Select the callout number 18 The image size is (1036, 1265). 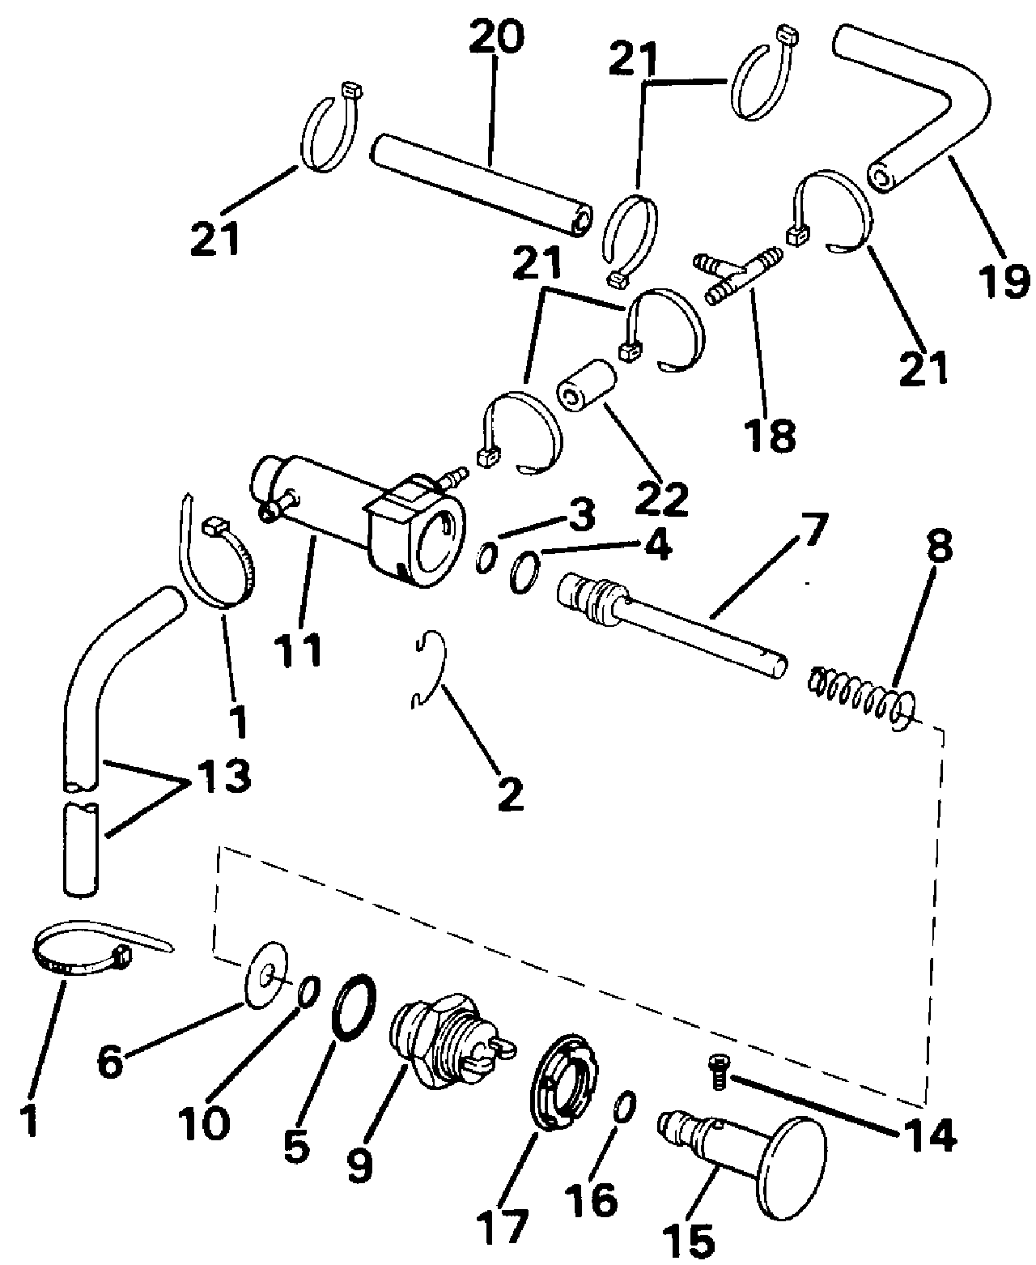pyautogui.click(x=771, y=435)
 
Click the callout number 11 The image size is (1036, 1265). pyautogui.click(x=298, y=649)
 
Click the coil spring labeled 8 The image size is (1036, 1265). pyautogui.click(x=861, y=693)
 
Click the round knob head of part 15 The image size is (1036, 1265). pyautogui.click(x=794, y=1141)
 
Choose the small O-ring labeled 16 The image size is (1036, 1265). pyautogui.click(x=622, y=1108)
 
